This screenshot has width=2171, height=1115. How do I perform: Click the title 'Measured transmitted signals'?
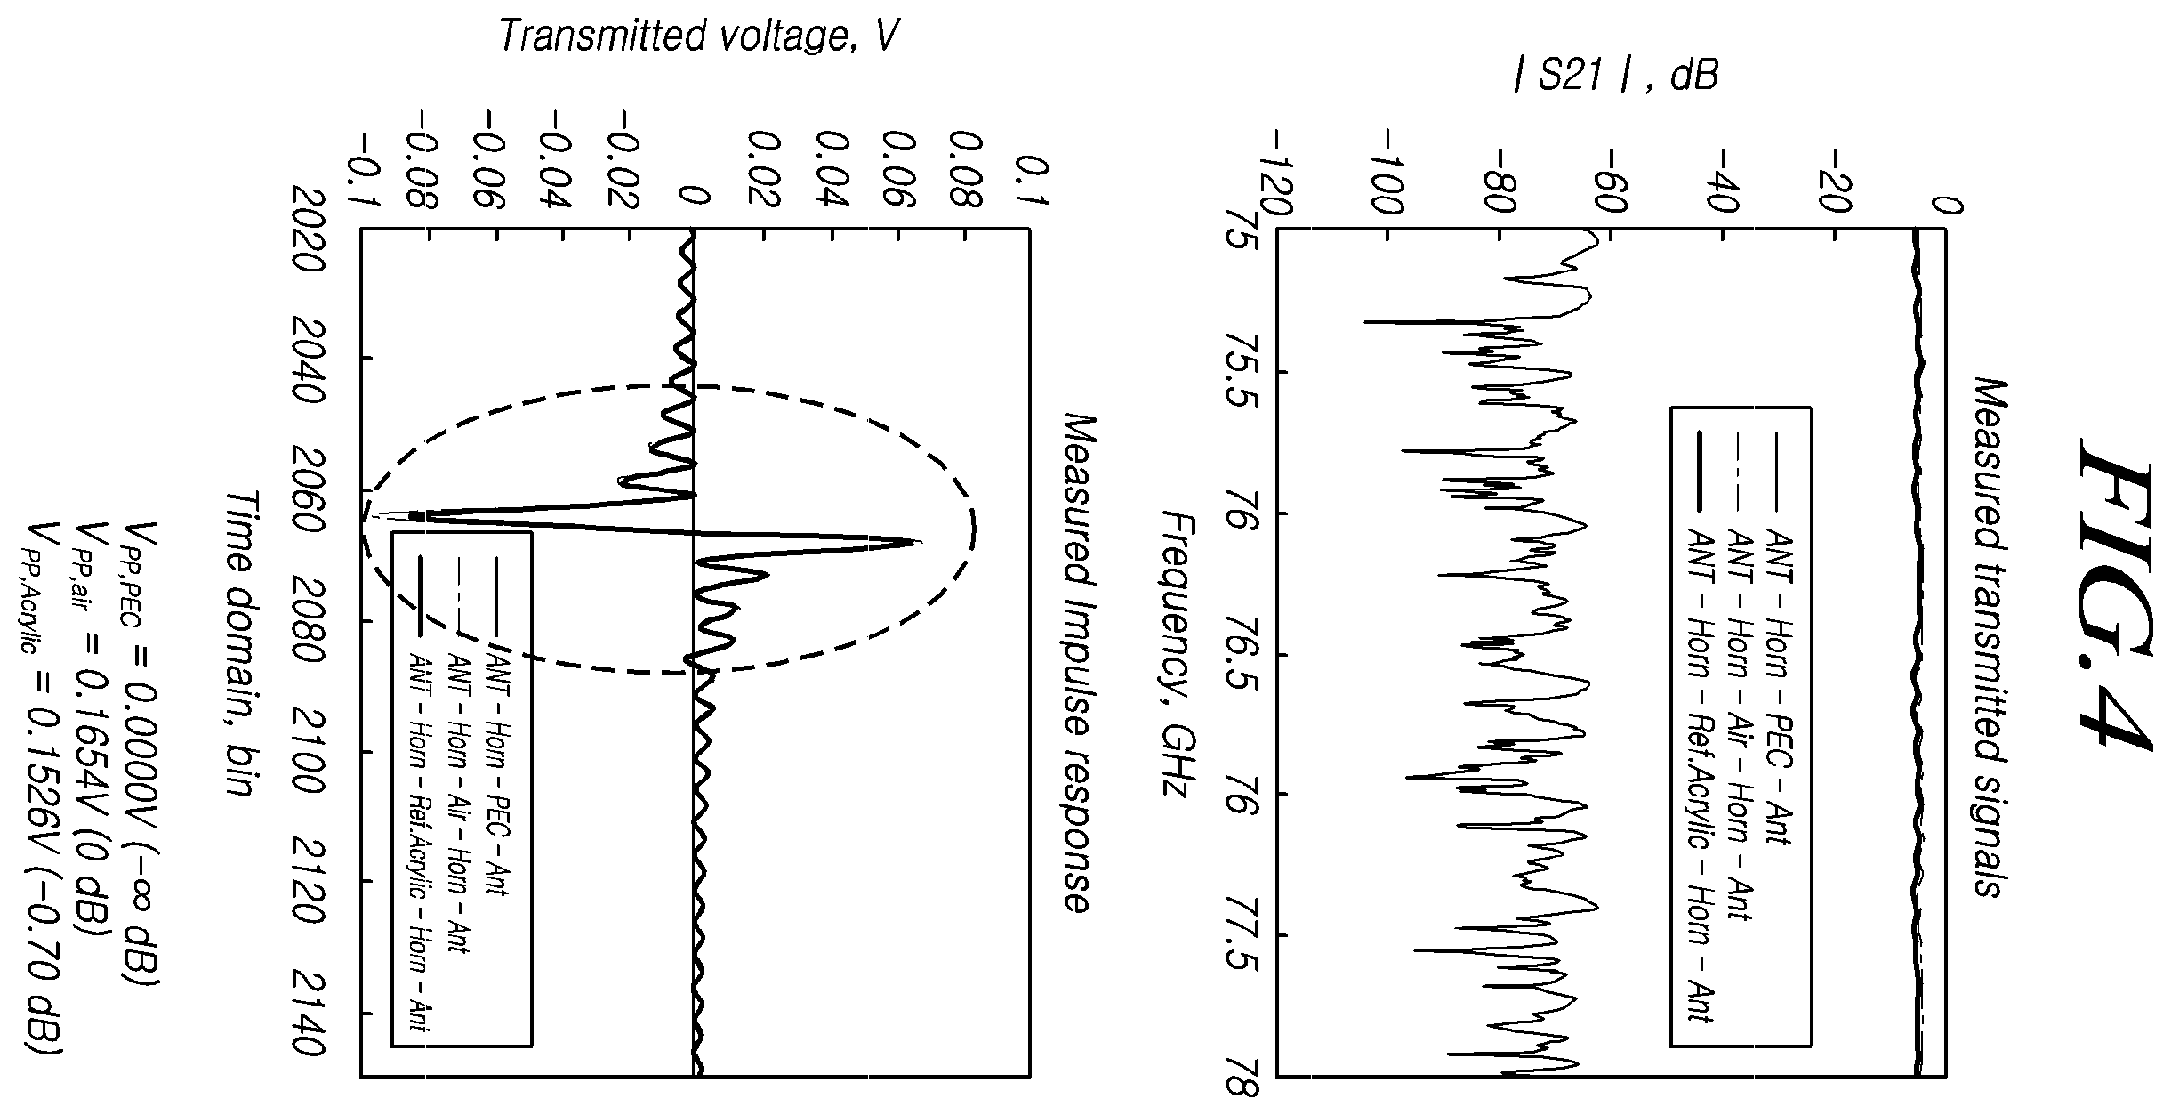[x=1990, y=639]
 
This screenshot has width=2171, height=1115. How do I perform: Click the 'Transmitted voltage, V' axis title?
[x=698, y=36]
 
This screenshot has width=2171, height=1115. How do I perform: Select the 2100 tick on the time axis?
[x=308, y=752]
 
